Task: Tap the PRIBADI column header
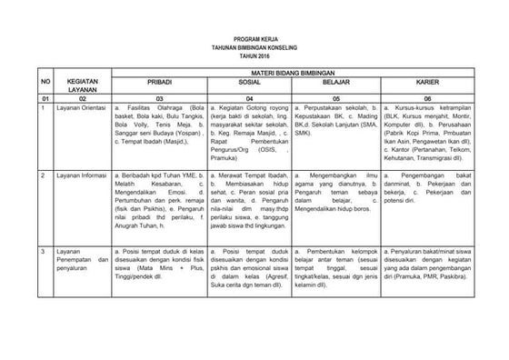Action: (154, 81)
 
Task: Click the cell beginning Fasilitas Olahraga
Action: (154, 127)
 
